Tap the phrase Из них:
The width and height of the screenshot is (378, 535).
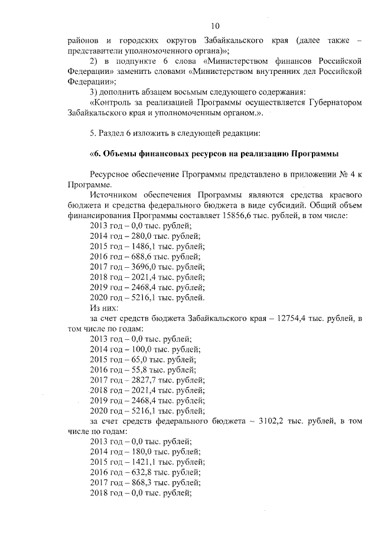click(x=104, y=308)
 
